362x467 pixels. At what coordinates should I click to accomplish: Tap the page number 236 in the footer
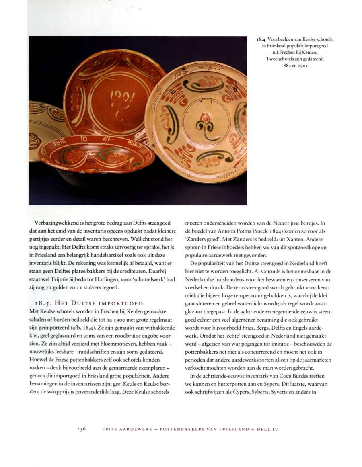[x=82, y=429]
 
